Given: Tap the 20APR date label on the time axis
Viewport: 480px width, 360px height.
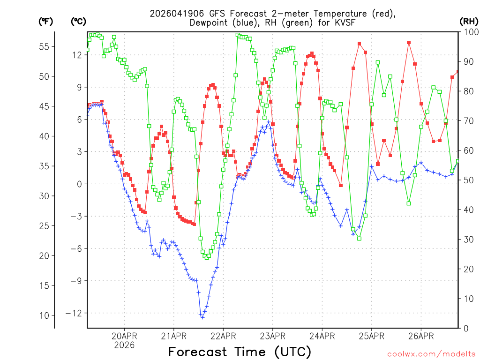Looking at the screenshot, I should [124, 336].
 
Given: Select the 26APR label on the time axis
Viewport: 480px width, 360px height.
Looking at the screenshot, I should [421, 336].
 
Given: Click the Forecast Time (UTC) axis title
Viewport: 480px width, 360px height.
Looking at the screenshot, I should [240, 352].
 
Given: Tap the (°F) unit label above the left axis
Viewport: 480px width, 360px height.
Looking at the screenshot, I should [46, 21].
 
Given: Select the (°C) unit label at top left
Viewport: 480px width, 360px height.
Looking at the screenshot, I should [78, 21].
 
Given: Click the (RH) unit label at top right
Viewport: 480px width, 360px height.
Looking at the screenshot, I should [468, 21].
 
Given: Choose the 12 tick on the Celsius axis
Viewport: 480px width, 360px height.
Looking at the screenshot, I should [77, 55].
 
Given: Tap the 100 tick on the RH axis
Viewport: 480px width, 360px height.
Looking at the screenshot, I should [468, 32].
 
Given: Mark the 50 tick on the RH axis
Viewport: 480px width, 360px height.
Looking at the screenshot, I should [466, 180].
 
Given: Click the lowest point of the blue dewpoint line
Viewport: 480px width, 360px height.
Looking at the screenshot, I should [202, 317].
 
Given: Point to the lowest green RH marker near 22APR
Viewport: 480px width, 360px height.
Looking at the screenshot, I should [207, 258].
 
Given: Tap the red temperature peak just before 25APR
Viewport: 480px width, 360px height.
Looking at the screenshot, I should [359, 44].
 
